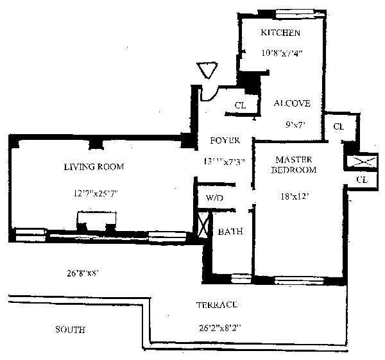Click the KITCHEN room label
pyautogui.click(x=280, y=33)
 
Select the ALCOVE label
pyautogui.click(x=292, y=103)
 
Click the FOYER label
pyautogui.click(x=225, y=140)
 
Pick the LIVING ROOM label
pyautogui.click(x=94, y=167)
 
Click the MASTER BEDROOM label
pyautogui.click(x=295, y=164)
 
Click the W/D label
pyautogui.click(x=214, y=198)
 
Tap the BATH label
pyautogui.click(x=230, y=232)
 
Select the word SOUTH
pyautogui.click(x=70, y=330)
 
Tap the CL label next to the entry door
pyautogui.click(x=240, y=105)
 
